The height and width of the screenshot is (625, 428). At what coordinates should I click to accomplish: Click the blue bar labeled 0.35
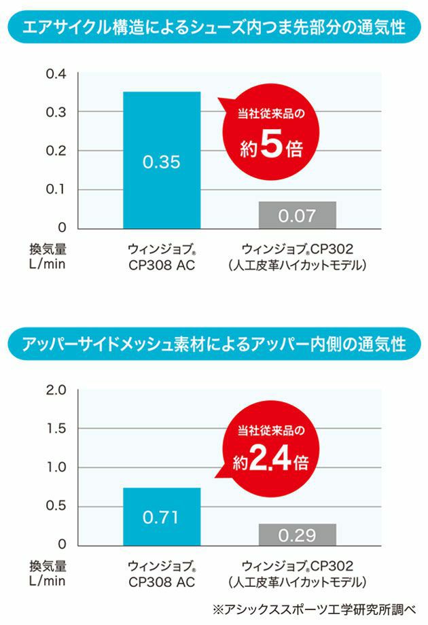coord(162,160)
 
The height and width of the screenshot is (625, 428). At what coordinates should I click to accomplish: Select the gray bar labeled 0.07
coord(298,215)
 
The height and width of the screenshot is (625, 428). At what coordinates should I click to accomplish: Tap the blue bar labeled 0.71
coord(162,516)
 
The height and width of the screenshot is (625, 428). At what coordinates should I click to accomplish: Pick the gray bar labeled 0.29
coord(298,535)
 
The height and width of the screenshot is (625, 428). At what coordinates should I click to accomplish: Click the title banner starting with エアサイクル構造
coord(214,28)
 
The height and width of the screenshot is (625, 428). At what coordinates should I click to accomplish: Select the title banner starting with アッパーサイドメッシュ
coord(214,344)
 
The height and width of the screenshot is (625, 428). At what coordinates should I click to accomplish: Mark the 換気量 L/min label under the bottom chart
coord(48,573)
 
